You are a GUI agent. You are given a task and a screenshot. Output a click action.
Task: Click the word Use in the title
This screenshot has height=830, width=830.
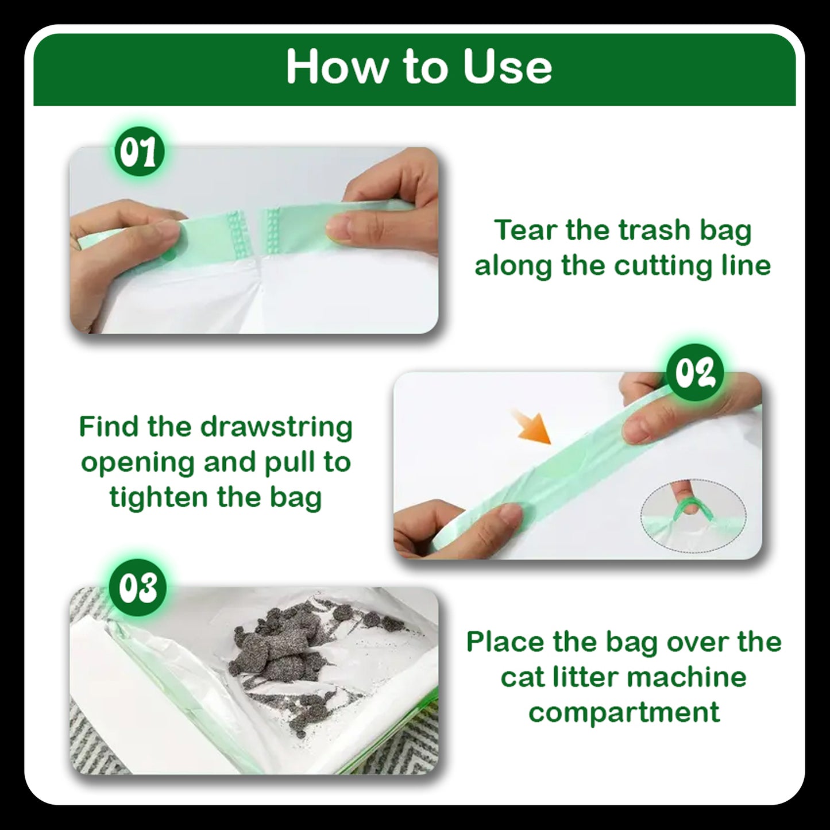point(507,67)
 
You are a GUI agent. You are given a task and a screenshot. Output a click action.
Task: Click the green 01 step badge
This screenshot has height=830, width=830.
point(138,150)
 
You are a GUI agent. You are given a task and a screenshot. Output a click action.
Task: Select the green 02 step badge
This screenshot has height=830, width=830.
point(694,373)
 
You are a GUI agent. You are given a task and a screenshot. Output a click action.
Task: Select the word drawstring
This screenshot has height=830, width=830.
point(276,427)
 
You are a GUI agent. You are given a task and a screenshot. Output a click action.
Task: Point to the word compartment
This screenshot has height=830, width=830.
point(624,713)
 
